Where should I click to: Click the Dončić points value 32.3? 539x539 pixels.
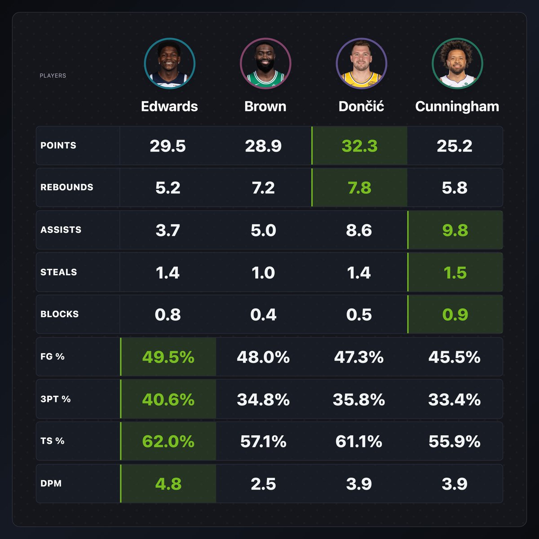[x=359, y=146]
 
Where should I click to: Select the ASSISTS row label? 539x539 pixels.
[x=61, y=230]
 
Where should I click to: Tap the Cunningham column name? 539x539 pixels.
[x=457, y=106]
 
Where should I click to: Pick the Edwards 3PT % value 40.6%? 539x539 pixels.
[x=168, y=399]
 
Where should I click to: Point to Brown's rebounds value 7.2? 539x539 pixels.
[x=263, y=188]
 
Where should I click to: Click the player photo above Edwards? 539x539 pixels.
[x=169, y=63]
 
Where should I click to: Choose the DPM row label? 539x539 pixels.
[x=51, y=484]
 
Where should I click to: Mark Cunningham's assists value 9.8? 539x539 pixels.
[x=455, y=230]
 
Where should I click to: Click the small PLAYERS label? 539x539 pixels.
[x=53, y=75]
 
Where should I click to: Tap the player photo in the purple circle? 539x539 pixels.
[x=361, y=63]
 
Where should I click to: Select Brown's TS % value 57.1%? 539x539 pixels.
[x=263, y=442]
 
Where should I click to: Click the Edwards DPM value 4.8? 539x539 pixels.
[x=168, y=484]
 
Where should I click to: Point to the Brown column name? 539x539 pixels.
[x=265, y=106]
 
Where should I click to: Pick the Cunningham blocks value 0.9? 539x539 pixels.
[x=455, y=314]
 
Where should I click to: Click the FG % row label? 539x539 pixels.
[x=52, y=357]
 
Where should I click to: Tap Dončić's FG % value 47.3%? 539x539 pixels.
[x=358, y=357]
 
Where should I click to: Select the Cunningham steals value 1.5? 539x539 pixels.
[x=455, y=273]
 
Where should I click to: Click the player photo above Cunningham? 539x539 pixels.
[x=457, y=63]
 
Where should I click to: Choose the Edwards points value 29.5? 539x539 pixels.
[x=168, y=146]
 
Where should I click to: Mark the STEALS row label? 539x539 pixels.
[x=58, y=272]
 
